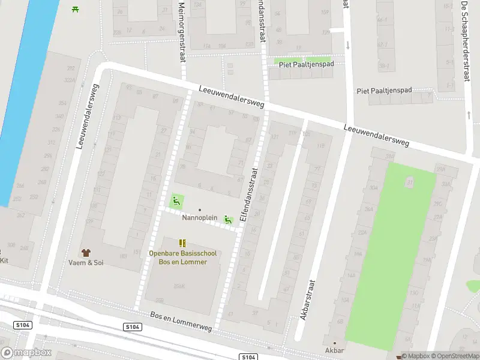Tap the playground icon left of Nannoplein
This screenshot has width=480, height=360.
[x=177, y=200]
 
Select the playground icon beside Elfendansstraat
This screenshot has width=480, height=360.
[x=228, y=220]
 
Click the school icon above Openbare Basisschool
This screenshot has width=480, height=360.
[x=182, y=243]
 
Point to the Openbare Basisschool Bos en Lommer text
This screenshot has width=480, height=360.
[x=182, y=257]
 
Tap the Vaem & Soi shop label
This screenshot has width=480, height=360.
[x=85, y=263]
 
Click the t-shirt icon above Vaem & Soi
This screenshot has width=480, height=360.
[x=85, y=253]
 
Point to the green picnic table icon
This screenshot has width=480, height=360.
[x=75, y=8]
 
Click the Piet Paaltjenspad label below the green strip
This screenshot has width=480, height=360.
[x=384, y=91]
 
